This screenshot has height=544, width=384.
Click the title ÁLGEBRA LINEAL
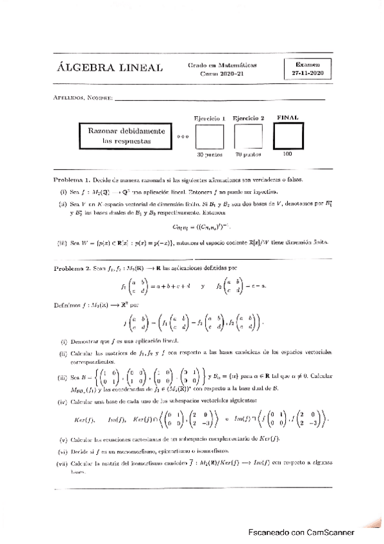coord(110,69)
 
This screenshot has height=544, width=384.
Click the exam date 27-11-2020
coord(309,74)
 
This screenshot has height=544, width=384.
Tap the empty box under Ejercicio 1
coord(210,137)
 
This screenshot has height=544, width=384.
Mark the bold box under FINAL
coord(288,136)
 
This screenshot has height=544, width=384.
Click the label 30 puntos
coord(209,155)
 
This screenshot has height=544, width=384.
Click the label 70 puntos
coord(248,155)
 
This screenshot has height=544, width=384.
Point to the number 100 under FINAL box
coord(287,154)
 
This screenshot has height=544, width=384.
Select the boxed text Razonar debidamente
coord(126,130)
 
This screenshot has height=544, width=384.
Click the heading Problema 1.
coord(74,180)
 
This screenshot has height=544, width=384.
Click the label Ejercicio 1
coord(209,118)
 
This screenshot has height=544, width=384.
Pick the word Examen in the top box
coord(309,65)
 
